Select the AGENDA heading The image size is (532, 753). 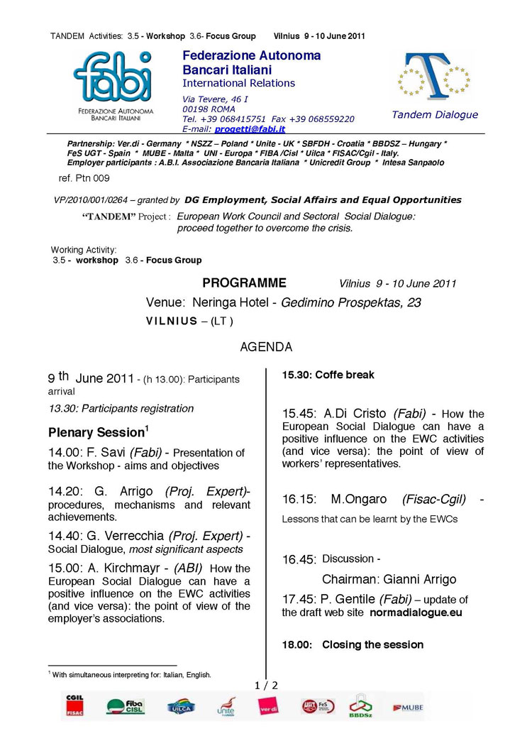(266, 348)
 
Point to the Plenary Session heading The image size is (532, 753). (98, 432)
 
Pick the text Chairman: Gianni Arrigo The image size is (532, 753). (389, 579)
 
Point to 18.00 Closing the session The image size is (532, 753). (353, 644)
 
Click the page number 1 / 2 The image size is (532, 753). (266, 685)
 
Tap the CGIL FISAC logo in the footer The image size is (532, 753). (74, 704)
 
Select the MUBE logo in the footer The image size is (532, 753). (408, 708)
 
